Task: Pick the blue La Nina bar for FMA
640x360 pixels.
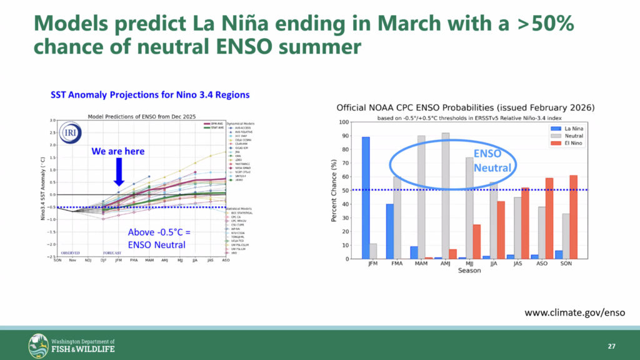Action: coord(390,231)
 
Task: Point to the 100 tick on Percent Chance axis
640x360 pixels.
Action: coord(344,121)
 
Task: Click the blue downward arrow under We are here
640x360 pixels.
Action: coord(118,172)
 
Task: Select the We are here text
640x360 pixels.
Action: coord(118,151)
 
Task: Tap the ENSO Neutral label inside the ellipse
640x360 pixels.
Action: coord(487,161)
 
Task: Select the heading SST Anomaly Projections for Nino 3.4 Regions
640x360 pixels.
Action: coord(150,95)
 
